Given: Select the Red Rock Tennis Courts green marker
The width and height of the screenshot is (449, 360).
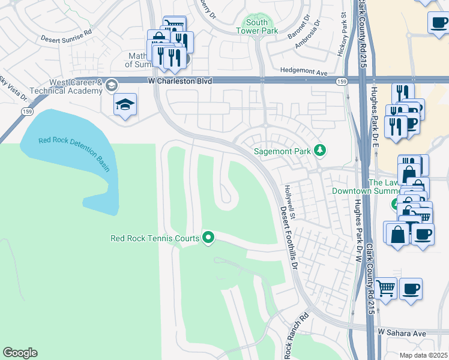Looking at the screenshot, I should (x=208, y=238).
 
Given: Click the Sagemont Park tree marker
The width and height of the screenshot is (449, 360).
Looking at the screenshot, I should (x=321, y=151).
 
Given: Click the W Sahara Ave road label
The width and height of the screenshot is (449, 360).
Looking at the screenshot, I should (x=402, y=332).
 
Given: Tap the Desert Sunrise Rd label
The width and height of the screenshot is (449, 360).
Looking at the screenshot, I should (x=66, y=37).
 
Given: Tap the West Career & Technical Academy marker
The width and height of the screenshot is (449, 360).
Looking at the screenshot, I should (x=111, y=86).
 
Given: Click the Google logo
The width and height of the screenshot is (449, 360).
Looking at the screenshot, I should (x=20, y=353).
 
